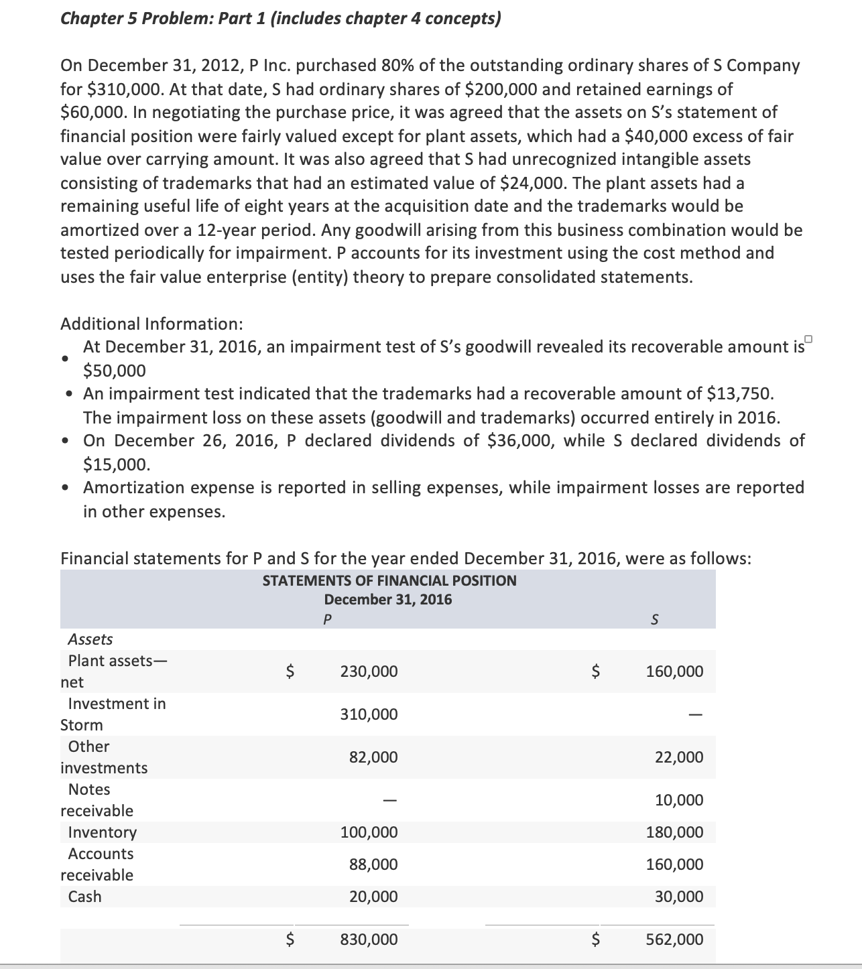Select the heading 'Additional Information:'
pyautogui.click(x=151, y=324)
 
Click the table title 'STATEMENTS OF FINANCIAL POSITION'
pyautogui.click(x=389, y=581)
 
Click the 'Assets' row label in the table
pyautogui.click(x=90, y=640)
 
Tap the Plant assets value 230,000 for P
pyautogui.click(x=369, y=671)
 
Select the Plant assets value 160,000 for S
pyautogui.click(x=674, y=671)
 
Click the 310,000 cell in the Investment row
pyautogui.click(x=369, y=715)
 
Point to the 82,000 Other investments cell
pyautogui.click(x=373, y=758)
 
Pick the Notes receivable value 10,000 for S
pyautogui.click(x=679, y=800)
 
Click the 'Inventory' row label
pyautogui.click(x=103, y=833)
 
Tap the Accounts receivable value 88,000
pyautogui.click(x=373, y=865)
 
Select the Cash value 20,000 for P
pyautogui.click(x=373, y=897)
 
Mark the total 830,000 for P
pyautogui.click(x=369, y=940)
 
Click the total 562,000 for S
pyautogui.click(x=674, y=940)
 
